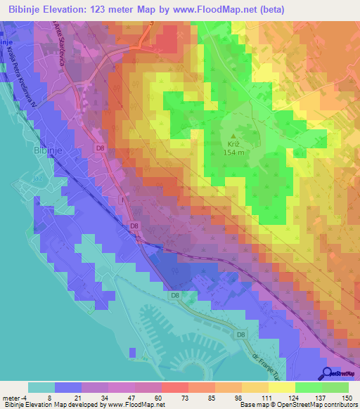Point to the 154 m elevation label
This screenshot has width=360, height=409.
pos(234,152)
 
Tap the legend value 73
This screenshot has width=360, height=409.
pos(173,398)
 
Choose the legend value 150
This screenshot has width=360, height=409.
pos(346,398)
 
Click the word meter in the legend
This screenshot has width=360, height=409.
pos(10,398)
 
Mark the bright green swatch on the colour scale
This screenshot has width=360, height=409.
pos(309,387)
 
